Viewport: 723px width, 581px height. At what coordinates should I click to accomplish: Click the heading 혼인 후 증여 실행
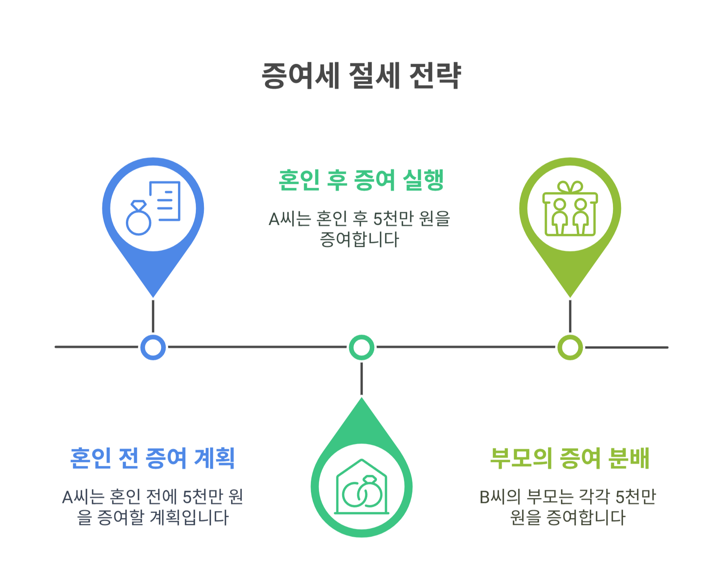coord(361,180)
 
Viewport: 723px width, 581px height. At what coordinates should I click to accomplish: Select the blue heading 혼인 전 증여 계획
coord(153,459)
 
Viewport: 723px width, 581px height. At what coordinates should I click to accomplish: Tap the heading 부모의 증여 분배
coord(570,459)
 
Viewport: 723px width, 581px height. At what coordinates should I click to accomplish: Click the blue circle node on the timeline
coord(153,347)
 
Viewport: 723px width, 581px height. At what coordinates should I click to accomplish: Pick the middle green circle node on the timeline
coord(361,347)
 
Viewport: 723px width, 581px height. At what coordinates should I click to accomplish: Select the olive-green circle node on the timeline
coord(570,347)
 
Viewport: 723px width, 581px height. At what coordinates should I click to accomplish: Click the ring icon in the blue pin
coord(138,219)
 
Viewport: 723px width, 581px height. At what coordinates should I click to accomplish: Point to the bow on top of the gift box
coord(570,187)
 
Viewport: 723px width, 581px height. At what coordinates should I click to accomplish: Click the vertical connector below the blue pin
coord(153,316)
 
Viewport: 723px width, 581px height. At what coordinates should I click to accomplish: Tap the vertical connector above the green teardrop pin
coord(361,379)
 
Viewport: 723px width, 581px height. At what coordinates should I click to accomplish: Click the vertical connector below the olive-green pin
coord(570,316)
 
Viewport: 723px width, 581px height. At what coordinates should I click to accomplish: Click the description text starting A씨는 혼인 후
coord(360,229)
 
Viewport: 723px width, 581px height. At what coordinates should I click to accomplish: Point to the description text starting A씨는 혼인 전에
coord(153,507)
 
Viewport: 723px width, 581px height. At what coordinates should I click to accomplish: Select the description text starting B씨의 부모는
coord(568,507)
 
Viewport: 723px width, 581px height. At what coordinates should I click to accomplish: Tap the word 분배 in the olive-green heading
coord(629,459)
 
